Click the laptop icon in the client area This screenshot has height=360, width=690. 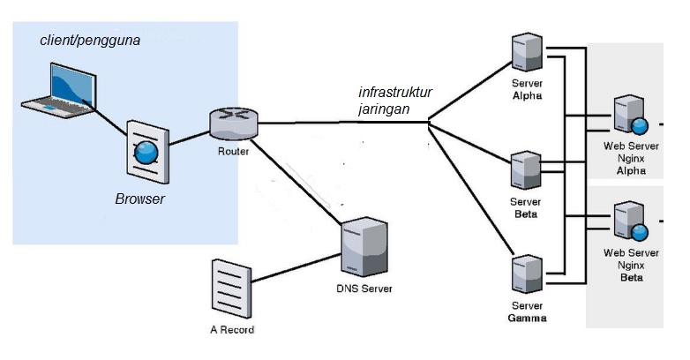(x=57, y=90)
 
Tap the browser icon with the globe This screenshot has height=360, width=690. (x=146, y=152)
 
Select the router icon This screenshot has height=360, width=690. (x=234, y=124)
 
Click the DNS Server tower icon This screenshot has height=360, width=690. (x=364, y=249)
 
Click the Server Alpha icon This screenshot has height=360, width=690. (x=527, y=54)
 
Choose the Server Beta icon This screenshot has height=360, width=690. (x=527, y=172)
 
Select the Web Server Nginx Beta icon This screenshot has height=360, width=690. (x=632, y=221)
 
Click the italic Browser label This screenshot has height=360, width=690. (x=140, y=199)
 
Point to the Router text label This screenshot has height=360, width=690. (x=233, y=151)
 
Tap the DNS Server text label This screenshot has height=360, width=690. (x=364, y=289)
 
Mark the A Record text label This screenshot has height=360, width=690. (x=231, y=330)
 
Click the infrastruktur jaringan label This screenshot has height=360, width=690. (x=395, y=100)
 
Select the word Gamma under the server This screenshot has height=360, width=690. (x=528, y=318)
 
